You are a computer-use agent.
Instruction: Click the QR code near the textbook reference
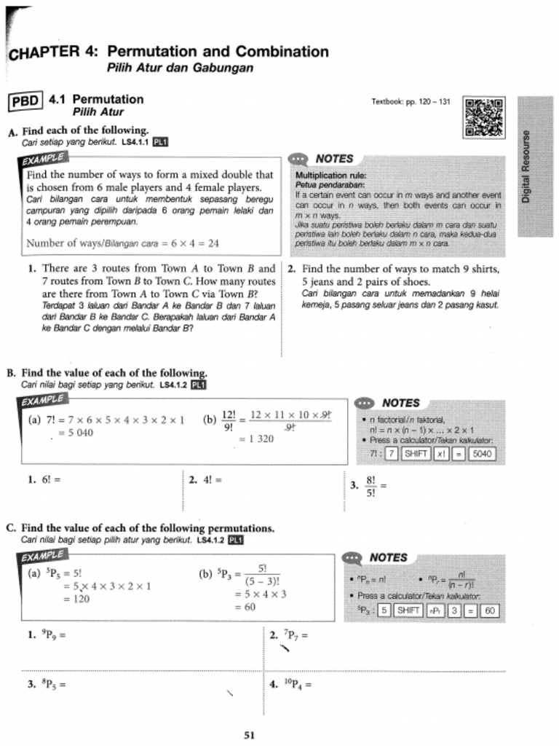pyautogui.click(x=484, y=117)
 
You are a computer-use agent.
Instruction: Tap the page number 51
pyautogui.click(x=249, y=735)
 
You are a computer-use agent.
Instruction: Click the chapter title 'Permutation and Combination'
pyautogui.click(x=218, y=52)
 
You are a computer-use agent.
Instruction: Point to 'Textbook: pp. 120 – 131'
pyautogui.click(x=411, y=102)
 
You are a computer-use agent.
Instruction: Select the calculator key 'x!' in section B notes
pyautogui.click(x=441, y=454)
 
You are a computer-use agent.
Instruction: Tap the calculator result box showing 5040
pyautogui.click(x=482, y=454)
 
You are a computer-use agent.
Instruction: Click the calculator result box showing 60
pyautogui.click(x=490, y=610)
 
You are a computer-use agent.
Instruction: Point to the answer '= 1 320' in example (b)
pyautogui.click(x=256, y=439)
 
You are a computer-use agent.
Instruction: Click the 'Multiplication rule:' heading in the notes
pyautogui.click(x=330, y=176)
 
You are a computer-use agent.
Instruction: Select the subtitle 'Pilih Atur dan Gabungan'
pyautogui.click(x=180, y=68)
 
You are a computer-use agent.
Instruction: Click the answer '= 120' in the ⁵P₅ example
pyautogui.click(x=76, y=598)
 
